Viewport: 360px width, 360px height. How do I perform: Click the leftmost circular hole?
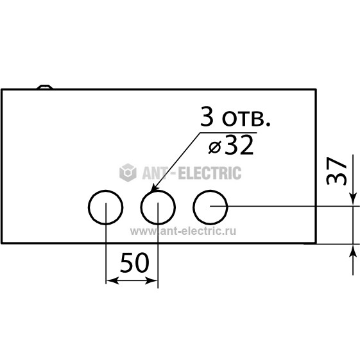point(89,207)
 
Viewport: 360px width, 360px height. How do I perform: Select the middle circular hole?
point(141,207)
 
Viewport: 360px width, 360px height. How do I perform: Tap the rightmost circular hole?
point(193,207)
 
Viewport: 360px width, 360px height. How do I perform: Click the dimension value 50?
point(135,262)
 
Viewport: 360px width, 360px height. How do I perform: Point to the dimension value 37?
point(336,171)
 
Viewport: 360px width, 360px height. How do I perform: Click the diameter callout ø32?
point(231,145)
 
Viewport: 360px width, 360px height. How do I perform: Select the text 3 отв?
point(236,116)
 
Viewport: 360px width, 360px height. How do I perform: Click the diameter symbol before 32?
point(215,147)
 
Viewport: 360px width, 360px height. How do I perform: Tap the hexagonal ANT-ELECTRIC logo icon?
point(128,173)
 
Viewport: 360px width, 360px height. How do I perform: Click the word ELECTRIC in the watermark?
point(210,173)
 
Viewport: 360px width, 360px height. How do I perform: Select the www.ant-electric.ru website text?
point(183,231)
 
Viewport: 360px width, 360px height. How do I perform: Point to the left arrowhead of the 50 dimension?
point(112,280)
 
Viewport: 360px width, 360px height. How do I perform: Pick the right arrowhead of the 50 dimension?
point(151,280)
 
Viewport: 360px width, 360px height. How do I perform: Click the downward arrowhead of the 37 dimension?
point(353,198)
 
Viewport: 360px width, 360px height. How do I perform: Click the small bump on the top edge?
point(45,87)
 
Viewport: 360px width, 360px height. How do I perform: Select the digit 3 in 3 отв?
point(206,116)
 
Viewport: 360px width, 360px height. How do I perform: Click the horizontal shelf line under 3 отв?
point(228,132)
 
